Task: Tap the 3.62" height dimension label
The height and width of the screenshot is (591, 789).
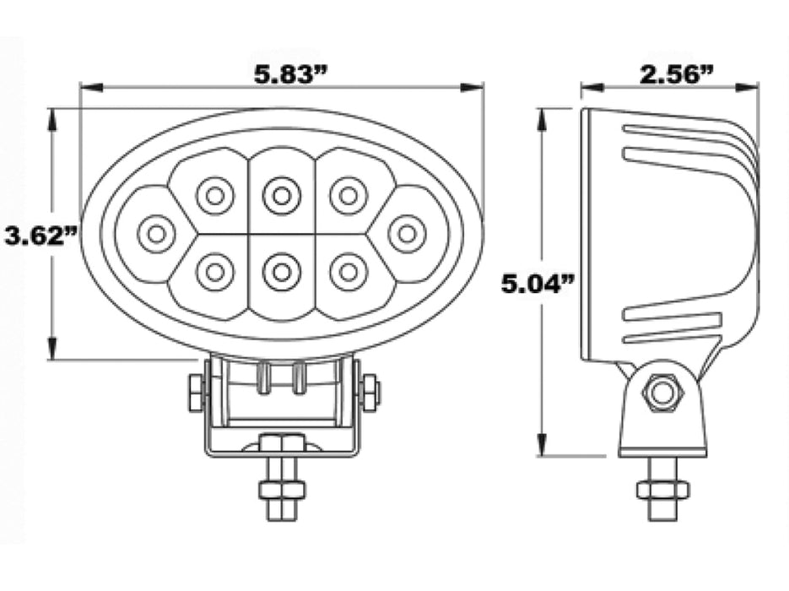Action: pos(35,236)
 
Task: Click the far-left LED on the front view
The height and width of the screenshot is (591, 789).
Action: pos(156,234)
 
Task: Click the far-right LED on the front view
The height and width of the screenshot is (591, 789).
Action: pos(407,233)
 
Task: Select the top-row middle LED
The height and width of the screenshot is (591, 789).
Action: pos(281,196)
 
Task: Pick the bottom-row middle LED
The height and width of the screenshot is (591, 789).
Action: pos(281,272)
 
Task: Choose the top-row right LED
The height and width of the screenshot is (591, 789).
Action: pos(348,196)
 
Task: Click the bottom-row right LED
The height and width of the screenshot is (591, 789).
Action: pos(348,272)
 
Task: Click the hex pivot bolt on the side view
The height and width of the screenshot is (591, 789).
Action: pos(662,393)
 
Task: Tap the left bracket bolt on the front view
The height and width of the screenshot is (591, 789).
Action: pos(196,393)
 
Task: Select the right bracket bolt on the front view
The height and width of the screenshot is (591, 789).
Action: pos(370,393)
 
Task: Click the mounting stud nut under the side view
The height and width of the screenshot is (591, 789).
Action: pos(662,489)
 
